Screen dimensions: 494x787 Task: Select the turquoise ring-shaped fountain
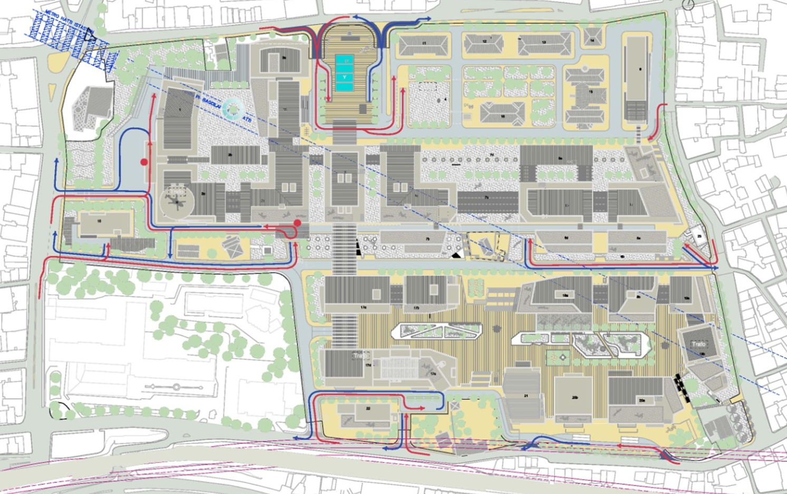coord(231,109)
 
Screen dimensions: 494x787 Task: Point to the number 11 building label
coord(424,43)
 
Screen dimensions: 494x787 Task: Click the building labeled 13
coord(544,43)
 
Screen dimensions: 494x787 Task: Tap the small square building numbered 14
coord(592,39)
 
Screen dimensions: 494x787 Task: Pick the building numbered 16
coord(502,115)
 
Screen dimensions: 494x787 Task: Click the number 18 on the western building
coord(99,222)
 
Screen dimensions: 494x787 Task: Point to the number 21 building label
coord(526,396)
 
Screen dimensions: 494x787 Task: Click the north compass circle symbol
coord(688,5)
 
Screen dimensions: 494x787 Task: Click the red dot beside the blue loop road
coord(144,162)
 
